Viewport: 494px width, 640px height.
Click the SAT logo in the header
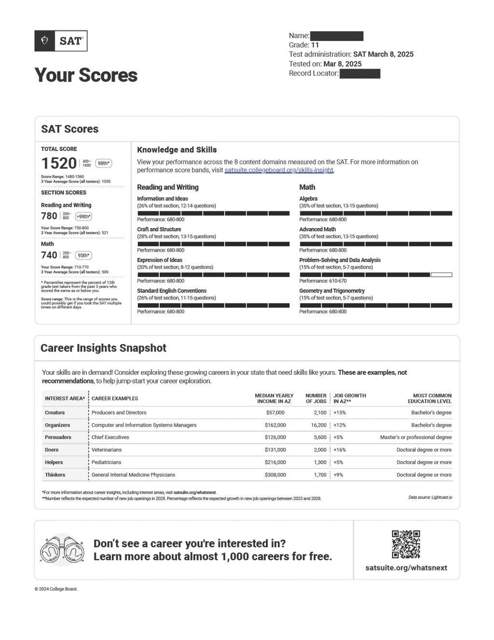(x=61, y=41)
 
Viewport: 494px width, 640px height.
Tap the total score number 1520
(x=59, y=163)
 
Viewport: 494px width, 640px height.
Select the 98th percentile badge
(x=103, y=163)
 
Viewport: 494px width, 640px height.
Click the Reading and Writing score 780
(x=49, y=216)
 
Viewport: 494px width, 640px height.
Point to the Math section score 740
(x=49, y=255)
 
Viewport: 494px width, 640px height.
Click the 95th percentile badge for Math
(x=83, y=256)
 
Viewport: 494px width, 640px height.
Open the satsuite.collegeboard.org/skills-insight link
(x=279, y=170)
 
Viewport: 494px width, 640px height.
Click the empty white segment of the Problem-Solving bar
(x=441, y=275)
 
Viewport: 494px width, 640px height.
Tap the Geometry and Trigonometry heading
(x=332, y=291)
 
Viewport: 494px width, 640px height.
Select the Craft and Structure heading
(x=159, y=229)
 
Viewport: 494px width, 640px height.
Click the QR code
(x=406, y=544)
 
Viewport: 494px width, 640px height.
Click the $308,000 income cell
(x=275, y=475)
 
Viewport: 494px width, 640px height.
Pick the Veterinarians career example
(x=107, y=450)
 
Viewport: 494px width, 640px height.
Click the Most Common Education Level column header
(x=429, y=398)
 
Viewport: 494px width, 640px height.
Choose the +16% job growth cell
(x=340, y=450)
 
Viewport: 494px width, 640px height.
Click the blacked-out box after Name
(x=336, y=36)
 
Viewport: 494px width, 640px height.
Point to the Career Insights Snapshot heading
(x=103, y=348)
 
